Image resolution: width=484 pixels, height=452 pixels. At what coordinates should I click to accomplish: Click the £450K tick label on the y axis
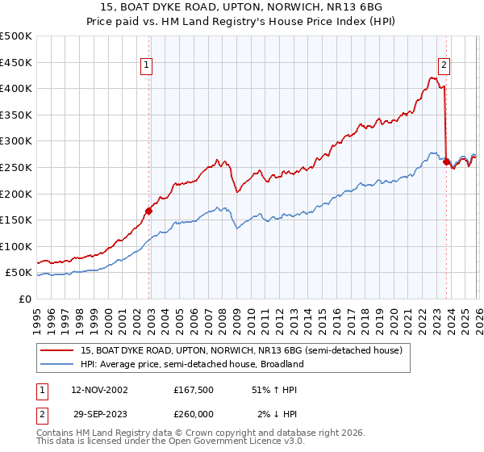[16, 62]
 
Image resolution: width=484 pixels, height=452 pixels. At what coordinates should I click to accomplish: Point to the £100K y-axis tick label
[16, 246]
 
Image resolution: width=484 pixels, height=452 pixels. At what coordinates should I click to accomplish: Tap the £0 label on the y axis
[26, 299]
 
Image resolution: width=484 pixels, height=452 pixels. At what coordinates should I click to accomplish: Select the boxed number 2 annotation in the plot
[444, 67]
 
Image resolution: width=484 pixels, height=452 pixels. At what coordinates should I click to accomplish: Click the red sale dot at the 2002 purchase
[148, 211]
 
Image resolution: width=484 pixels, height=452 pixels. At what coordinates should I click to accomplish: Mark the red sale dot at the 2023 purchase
[446, 162]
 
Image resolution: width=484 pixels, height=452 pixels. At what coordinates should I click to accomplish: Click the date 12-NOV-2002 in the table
[99, 390]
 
